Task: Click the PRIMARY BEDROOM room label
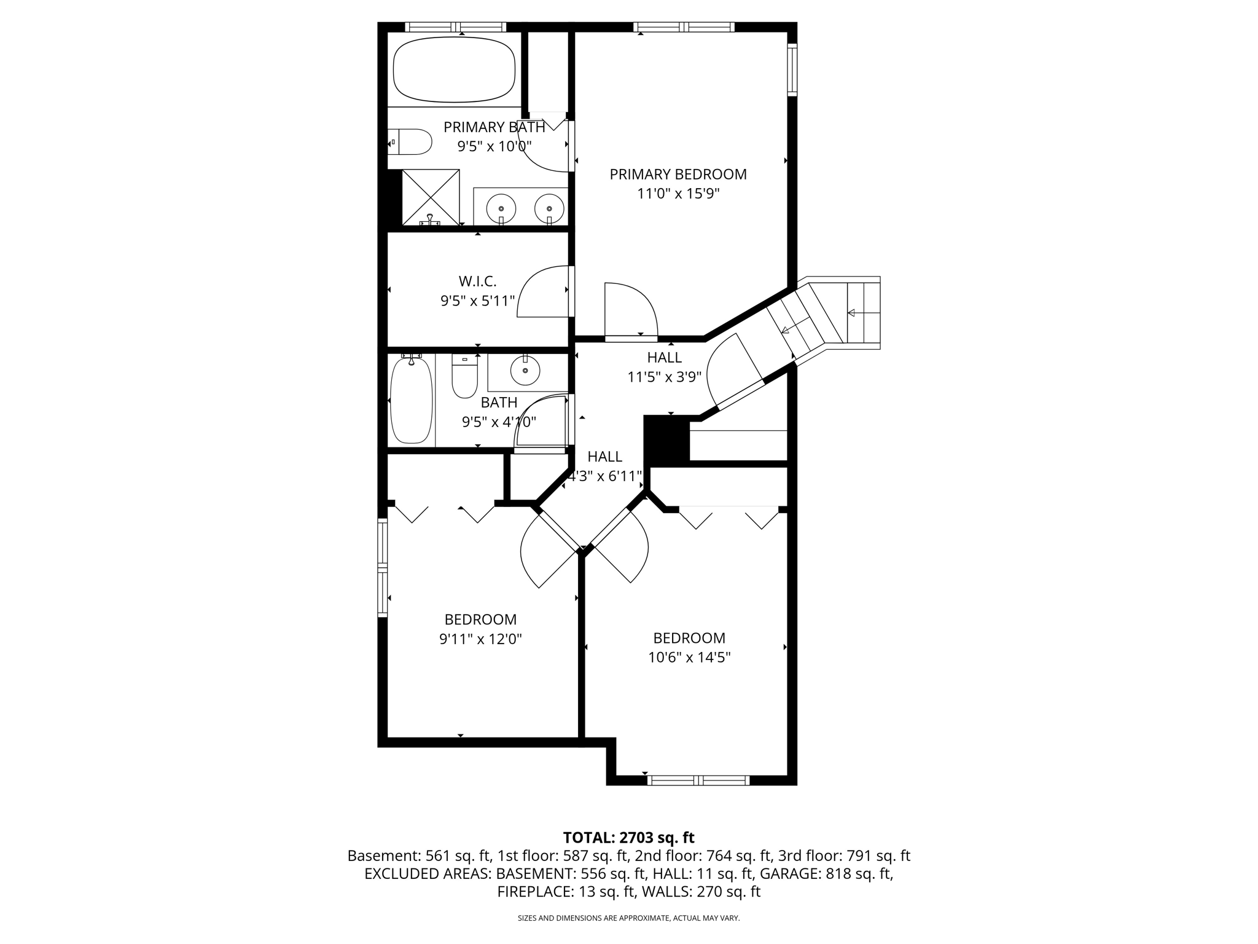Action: (678, 175)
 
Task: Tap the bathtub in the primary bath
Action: (454, 69)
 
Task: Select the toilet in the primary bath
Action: (411, 142)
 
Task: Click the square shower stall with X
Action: (431, 197)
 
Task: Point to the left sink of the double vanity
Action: (501, 208)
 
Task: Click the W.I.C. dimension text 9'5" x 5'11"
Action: (477, 301)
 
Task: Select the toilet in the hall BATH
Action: (464, 376)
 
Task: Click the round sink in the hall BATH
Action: (525, 371)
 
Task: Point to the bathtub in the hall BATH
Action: (412, 401)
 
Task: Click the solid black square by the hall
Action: (666, 439)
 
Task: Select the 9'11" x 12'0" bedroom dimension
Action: (480, 639)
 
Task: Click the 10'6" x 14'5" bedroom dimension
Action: (689, 658)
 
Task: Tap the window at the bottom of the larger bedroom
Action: (698, 781)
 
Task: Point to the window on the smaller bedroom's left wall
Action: (383, 567)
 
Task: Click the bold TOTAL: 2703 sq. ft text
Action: (628, 838)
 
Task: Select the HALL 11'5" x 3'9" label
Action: (664, 367)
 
